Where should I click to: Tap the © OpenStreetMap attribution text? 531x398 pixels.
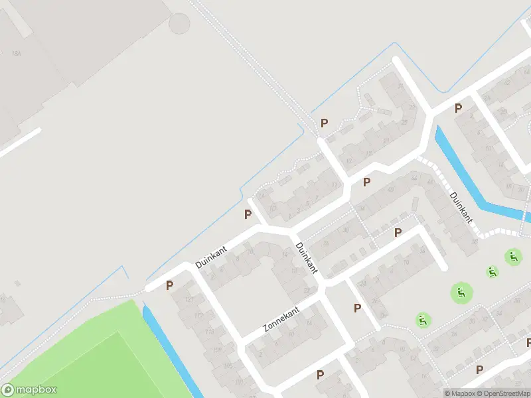pyautogui.click(x=504, y=393)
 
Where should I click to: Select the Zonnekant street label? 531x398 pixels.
pyautogui.click(x=281, y=320)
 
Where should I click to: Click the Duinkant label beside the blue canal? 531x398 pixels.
pyautogui.click(x=461, y=206)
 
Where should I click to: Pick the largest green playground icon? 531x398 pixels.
pyautogui.click(x=461, y=292)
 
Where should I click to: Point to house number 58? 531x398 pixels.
pyautogui.click(x=307, y=290)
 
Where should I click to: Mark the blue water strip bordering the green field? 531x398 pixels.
pyautogui.click(x=169, y=352)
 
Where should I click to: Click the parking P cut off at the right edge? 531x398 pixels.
pyautogui.click(x=528, y=342)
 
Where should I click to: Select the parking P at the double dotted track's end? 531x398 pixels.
pyautogui.click(x=325, y=123)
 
